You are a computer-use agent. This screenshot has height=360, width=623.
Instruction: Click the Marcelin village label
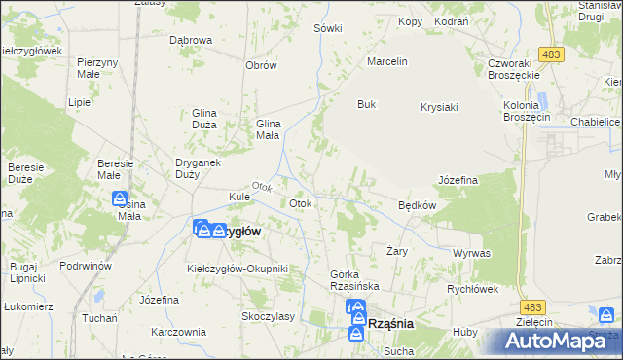385,61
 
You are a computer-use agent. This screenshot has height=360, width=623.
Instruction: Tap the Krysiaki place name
439,107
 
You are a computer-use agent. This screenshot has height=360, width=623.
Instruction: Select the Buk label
366,104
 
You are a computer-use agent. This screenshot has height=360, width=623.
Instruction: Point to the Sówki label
328,28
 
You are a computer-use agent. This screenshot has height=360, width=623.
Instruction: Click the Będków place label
417,205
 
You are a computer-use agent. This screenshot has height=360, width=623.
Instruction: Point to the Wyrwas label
471,253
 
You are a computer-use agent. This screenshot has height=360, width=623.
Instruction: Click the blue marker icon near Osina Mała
120,199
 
